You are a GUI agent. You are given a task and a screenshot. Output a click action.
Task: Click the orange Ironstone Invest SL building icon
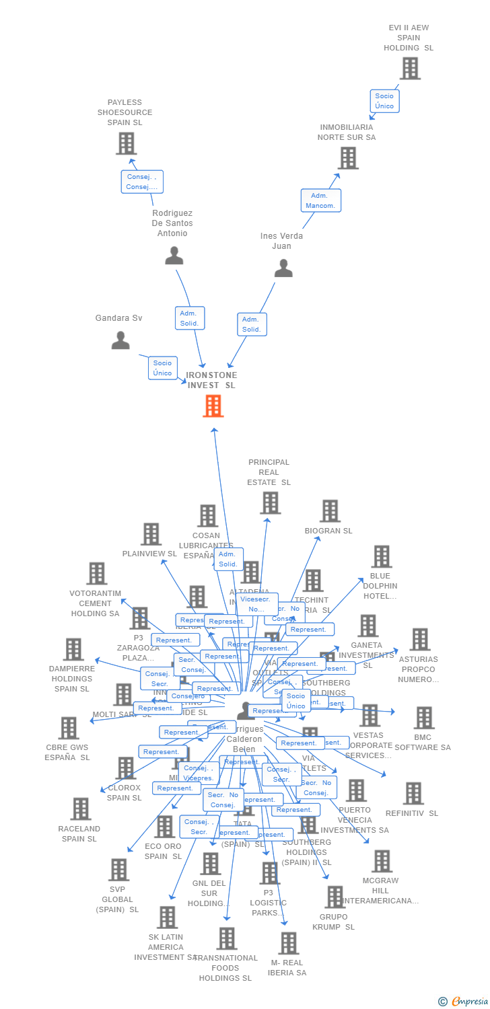pyautogui.click(x=213, y=406)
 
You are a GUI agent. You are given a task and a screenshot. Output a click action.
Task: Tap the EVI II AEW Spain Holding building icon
pyautogui.click(x=410, y=69)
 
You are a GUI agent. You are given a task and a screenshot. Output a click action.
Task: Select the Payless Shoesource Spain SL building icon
pyautogui.click(x=126, y=143)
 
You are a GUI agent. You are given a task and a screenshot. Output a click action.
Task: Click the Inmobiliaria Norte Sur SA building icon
pyautogui.click(x=348, y=158)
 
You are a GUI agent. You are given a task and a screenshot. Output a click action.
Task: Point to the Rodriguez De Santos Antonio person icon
pyautogui.click(x=174, y=256)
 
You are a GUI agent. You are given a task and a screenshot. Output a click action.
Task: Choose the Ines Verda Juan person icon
pyautogui.click(x=283, y=268)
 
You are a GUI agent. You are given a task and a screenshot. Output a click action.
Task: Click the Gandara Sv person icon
pyautogui.click(x=120, y=340)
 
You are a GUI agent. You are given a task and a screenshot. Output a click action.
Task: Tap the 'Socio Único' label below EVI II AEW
pyautogui.click(x=384, y=101)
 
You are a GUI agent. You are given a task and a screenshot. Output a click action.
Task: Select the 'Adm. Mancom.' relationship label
pyautogui.click(x=320, y=200)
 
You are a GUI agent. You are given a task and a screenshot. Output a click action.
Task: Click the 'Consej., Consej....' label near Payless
pyautogui.click(x=142, y=182)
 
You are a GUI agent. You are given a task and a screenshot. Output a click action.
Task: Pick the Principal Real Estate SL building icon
pyautogui.click(x=270, y=502)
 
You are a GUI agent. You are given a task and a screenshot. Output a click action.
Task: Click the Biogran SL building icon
pyautogui.click(x=330, y=511)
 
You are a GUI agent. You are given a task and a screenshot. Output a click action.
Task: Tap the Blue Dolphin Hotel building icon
pyautogui.click(x=382, y=557)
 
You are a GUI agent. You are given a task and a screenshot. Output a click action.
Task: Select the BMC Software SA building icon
pyautogui.click(x=424, y=718)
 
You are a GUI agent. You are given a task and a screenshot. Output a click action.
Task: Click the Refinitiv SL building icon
pyautogui.click(x=413, y=793)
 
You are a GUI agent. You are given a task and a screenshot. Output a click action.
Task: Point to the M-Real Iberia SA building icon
pyautogui.click(x=288, y=943)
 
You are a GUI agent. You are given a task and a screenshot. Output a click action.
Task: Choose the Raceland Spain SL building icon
pyautogui.click(x=80, y=809)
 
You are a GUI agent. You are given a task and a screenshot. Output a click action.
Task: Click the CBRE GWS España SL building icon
pyautogui.click(x=69, y=728)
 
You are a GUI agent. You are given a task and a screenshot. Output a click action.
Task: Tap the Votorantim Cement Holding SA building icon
pyautogui.click(x=97, y=574)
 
